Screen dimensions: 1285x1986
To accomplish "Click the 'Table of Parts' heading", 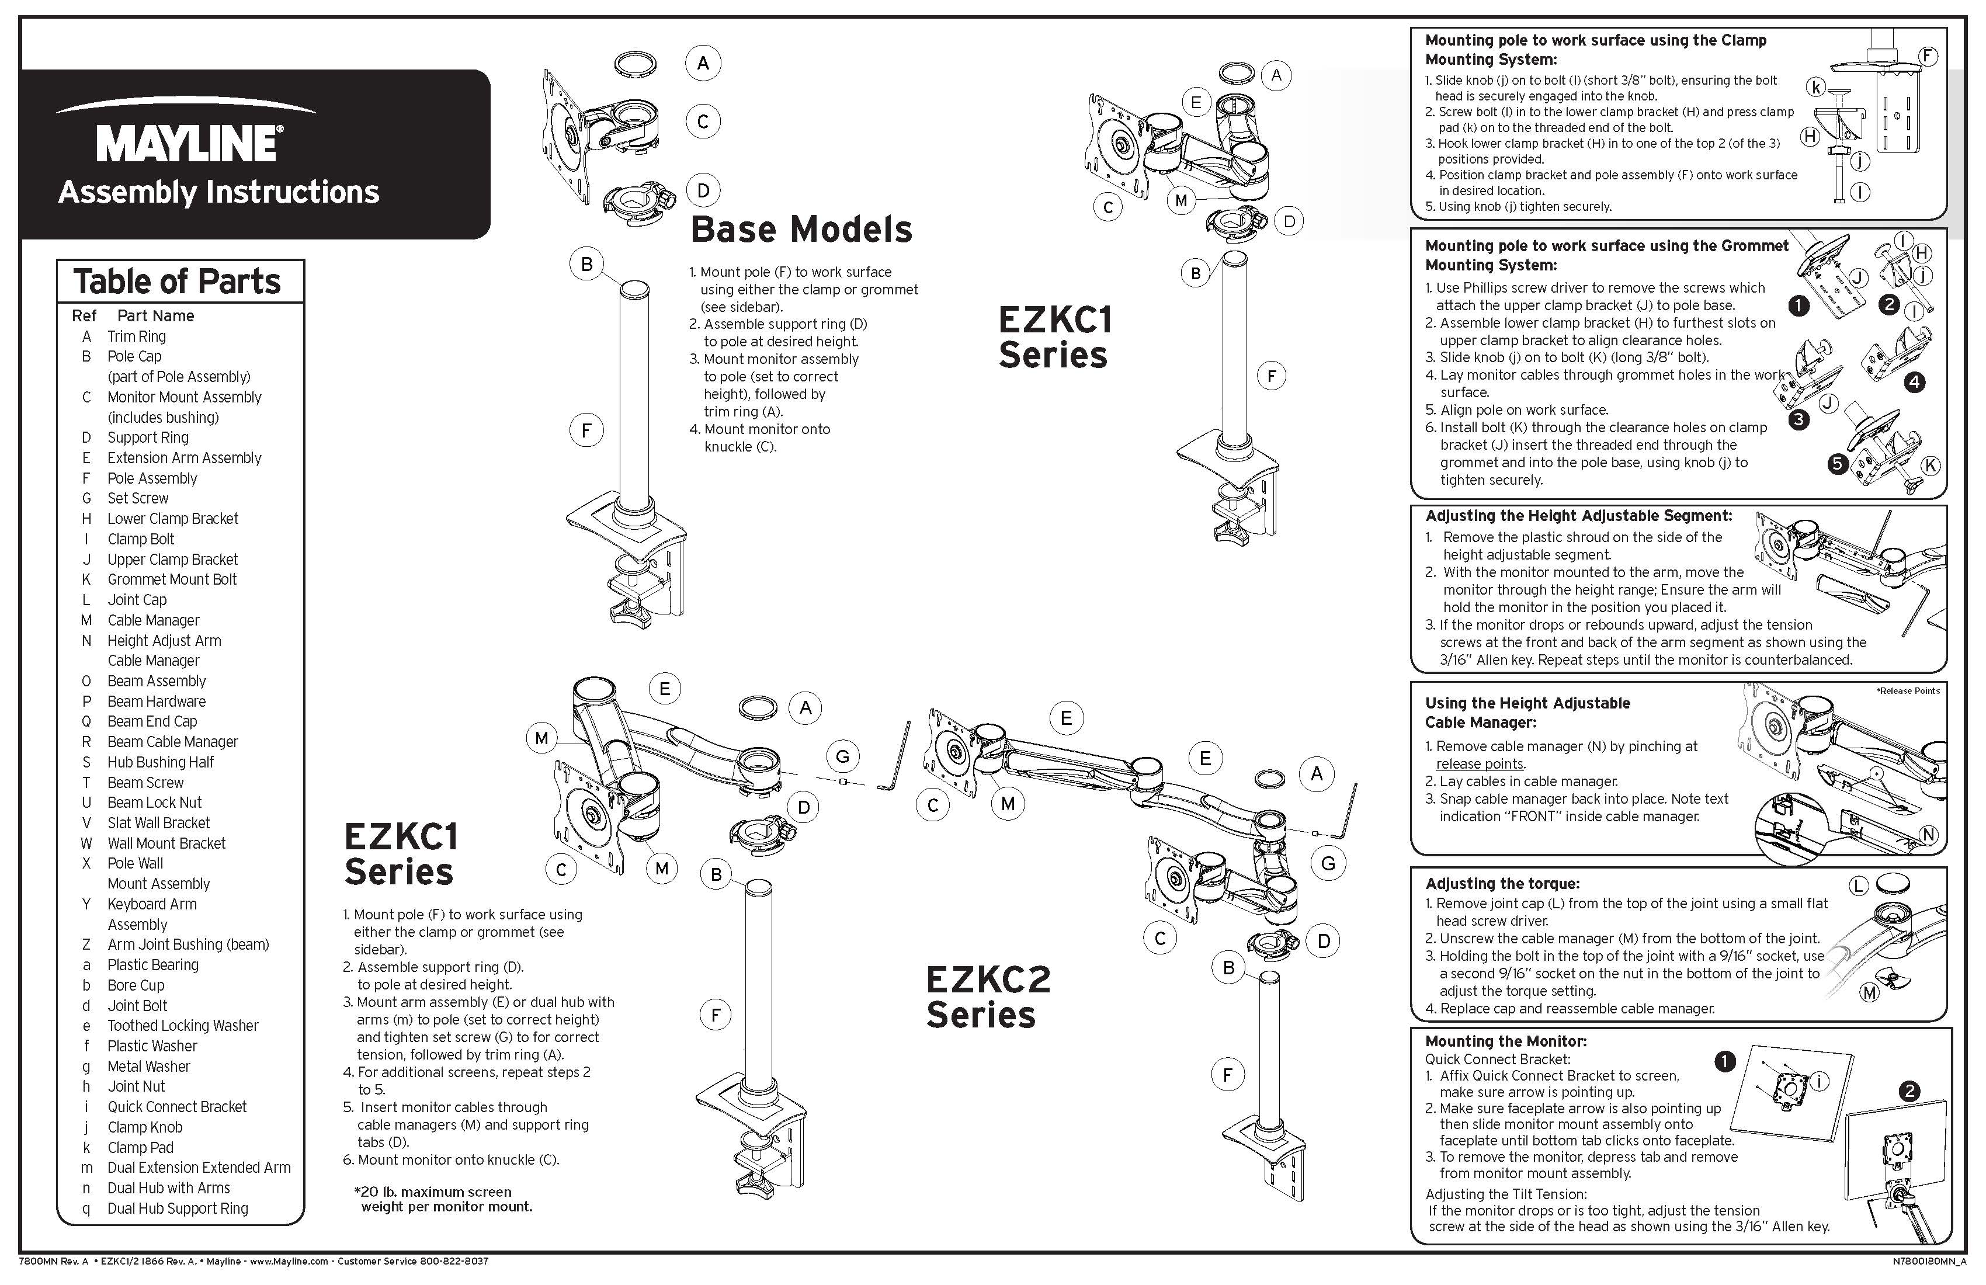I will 177,282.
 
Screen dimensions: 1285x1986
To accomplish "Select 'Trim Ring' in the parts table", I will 136,336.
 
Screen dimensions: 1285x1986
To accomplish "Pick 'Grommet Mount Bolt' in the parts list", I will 172,579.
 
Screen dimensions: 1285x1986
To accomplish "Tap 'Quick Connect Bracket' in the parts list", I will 177,1106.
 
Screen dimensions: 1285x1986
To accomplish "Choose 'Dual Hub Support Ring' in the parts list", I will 178,1208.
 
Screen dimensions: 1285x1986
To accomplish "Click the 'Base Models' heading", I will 801,230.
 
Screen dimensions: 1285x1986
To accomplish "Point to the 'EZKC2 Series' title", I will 987,997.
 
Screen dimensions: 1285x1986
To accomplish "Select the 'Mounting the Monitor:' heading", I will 1505,1041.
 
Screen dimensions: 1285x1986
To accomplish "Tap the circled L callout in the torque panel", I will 1858,886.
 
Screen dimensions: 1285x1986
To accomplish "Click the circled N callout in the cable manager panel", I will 1928,835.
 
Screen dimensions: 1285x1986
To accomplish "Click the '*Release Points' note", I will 1908,691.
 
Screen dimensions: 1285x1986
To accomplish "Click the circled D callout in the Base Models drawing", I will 703,191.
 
